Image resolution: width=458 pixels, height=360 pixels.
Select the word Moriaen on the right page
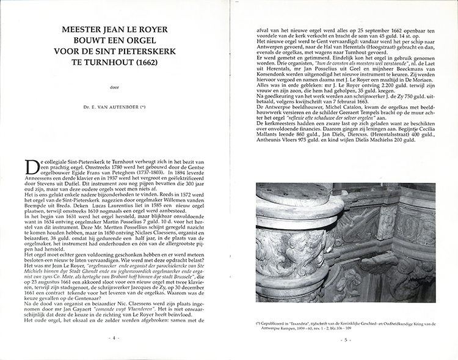coord(405,88)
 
